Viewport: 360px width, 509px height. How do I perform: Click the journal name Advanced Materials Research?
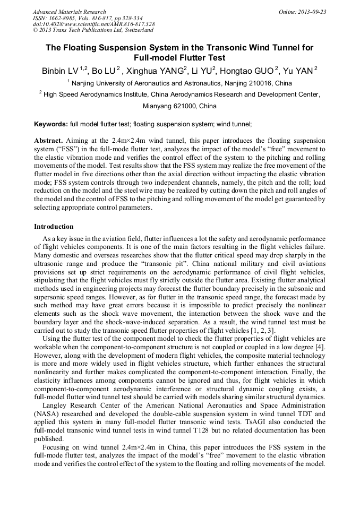pos(69,12)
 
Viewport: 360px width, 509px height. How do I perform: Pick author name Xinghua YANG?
pos(152,71)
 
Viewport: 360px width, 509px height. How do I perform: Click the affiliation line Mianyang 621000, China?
pos(179,106)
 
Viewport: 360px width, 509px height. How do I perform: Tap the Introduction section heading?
pos(54,227)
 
